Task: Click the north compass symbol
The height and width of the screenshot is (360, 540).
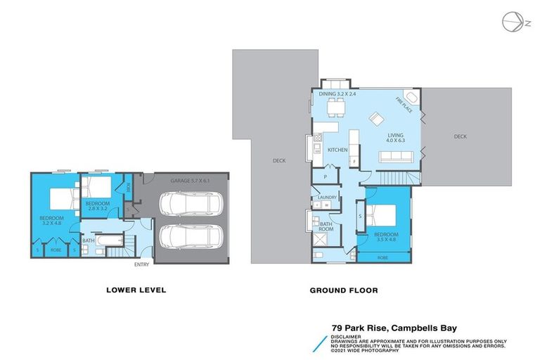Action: tap(511, 22)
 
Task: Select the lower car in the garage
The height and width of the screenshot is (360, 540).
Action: tap(188, 239)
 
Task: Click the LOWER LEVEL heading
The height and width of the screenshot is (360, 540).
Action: tap(136, 289)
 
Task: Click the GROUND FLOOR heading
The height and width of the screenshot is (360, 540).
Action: tap(344, 289)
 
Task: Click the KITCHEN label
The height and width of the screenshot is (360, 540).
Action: tap(338, 150)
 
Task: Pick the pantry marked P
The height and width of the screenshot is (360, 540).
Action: tap(326, 178)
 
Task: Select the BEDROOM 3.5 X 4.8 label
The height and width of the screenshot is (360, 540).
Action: tap(386, 237)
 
